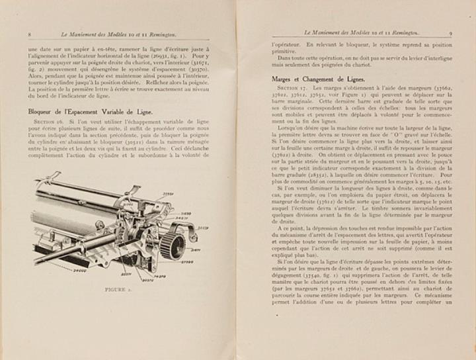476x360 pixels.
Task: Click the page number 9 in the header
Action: [451, 32]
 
